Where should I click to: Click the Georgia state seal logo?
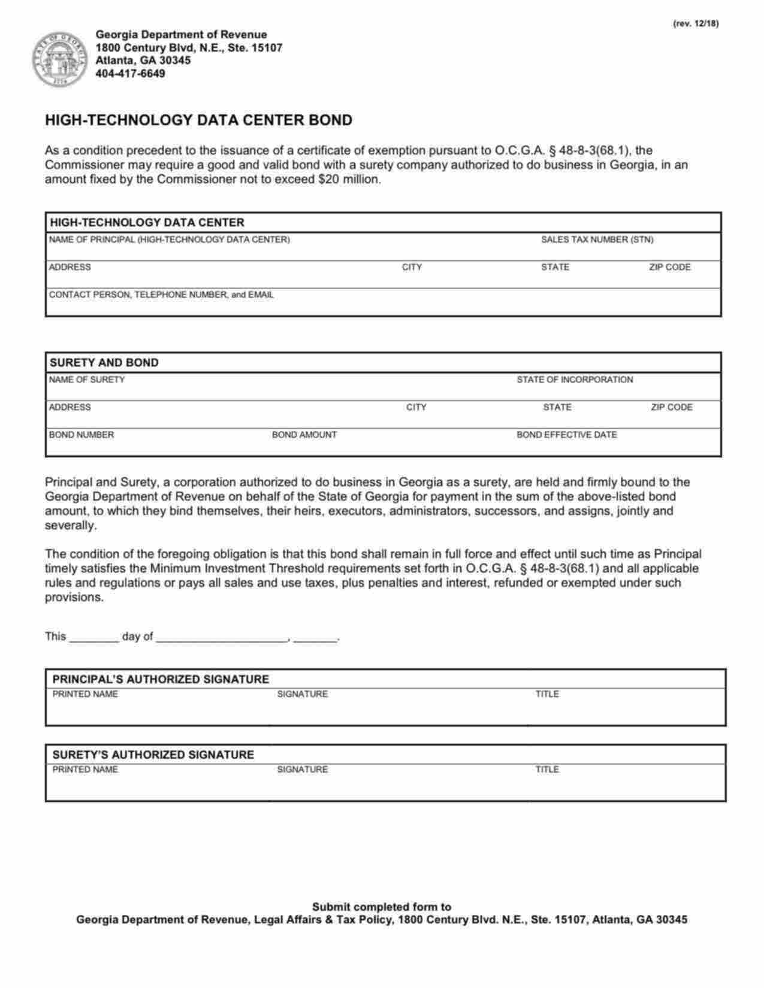click(x=58, y=59)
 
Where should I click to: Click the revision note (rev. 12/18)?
click(x=695, y=23)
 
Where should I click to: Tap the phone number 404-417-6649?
click(x=130, y=74)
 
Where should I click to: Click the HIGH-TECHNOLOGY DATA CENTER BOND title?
click(x=198, y=120)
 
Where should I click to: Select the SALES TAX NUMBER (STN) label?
click(x=597, y=240)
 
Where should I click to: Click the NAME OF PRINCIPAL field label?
click(x=169, y=240)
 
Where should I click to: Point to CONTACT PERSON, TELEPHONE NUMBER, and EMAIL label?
click(x=161, y=295)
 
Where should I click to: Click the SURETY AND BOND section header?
click(x=104, y=363)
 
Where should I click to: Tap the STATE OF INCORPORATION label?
click(x=574, y=380)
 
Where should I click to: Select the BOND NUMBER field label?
click(x=81, y=435)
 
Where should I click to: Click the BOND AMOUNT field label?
click(x=304, y=435)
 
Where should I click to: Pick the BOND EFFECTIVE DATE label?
click(x=566, y=435)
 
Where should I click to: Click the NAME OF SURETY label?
click(x=86, y=380)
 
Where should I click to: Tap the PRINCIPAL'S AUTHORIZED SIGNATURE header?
click(x=161, y=680)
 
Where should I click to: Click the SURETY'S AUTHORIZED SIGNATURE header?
click(x=153, y=755)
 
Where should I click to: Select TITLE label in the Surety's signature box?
click(x=546, y=769)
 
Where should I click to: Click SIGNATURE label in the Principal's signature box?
click(x=302, y=694)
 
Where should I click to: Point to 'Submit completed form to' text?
click(x=381, y=907)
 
